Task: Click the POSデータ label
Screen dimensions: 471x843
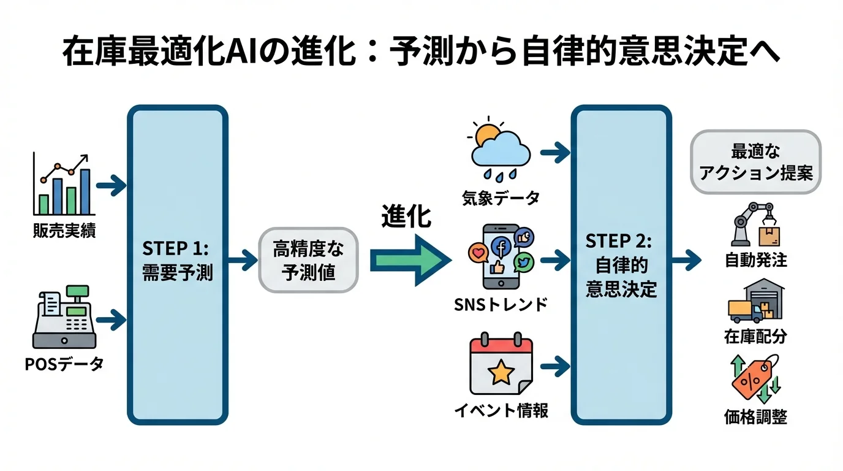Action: click(x=64, y=364)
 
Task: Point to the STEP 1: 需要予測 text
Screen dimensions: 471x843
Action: click(x=177, y=261)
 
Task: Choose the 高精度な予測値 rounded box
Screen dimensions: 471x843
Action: click(x=309, y=261)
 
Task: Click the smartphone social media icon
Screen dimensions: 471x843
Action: click(x=501, y=256)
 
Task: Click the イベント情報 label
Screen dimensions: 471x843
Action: click(x=501, y=410)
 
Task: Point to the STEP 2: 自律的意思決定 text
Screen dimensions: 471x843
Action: click(x=621, y=265)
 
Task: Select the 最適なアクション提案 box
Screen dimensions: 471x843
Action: click(x=755, y=162)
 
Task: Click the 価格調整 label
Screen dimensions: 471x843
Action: click(x=755, y=417)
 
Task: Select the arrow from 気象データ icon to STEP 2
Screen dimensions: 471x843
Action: click(x=554, y=153)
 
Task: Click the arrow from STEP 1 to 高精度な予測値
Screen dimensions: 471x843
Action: click(x=242, y=261)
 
